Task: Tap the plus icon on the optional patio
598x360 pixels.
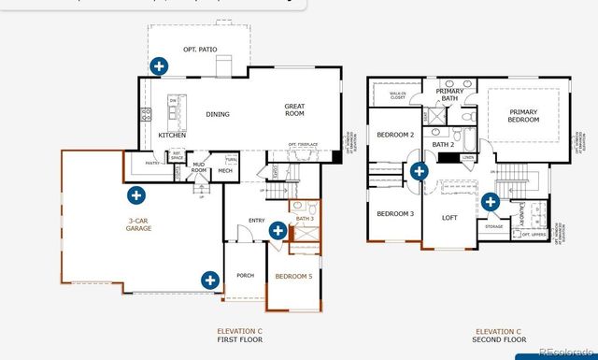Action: (x=159, y=65)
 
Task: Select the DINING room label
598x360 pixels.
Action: (x=218, y=114)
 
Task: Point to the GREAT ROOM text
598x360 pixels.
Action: (x=294, y=110)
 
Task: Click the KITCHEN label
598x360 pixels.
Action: (x=172, y=136)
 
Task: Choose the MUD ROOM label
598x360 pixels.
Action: (x=198, y=166)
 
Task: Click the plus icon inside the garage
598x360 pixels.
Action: (x=136, y=195)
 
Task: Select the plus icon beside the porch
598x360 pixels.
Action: (x=210, y=279)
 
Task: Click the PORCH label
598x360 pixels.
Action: (x=245, y=275)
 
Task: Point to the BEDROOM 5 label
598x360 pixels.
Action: (x=294, y=276)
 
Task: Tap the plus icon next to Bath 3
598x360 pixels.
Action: (x=278, y=230)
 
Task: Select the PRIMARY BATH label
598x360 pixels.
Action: (x=449, y=94)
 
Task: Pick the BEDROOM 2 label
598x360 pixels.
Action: (x=395, y=135)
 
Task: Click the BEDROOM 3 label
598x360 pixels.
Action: (x=395, y=213)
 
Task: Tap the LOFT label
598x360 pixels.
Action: (x=451, y=218)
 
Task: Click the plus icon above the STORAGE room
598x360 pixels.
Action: (x=491, y=200)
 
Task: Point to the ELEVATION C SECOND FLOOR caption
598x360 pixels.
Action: (x=498, y=336)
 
